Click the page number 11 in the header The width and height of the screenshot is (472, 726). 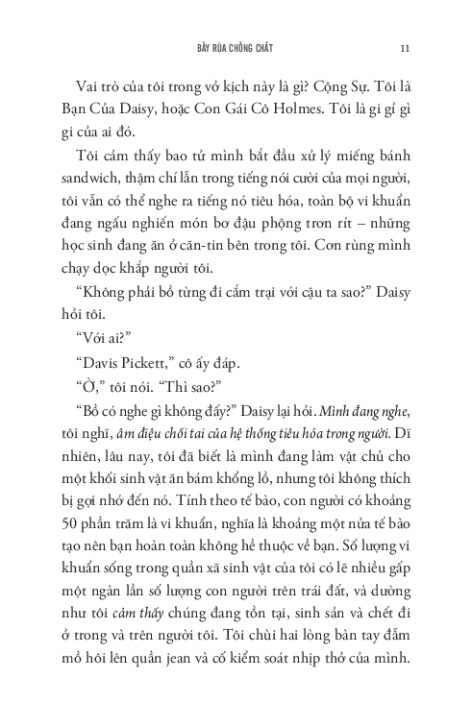405,48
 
